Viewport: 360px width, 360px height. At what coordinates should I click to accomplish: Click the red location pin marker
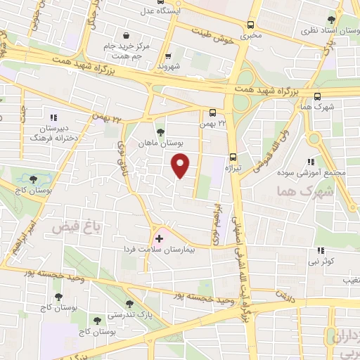click(181, 166)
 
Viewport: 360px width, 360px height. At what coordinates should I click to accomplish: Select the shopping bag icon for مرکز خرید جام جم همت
click(125, 35)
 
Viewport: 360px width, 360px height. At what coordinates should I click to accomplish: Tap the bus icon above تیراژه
click(233, 158)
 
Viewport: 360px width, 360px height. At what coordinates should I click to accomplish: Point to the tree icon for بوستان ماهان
click(160, 131)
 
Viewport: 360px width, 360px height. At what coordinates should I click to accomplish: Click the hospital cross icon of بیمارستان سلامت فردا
click(159, 239)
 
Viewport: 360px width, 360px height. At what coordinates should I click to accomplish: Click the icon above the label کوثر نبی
click(321, 250)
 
